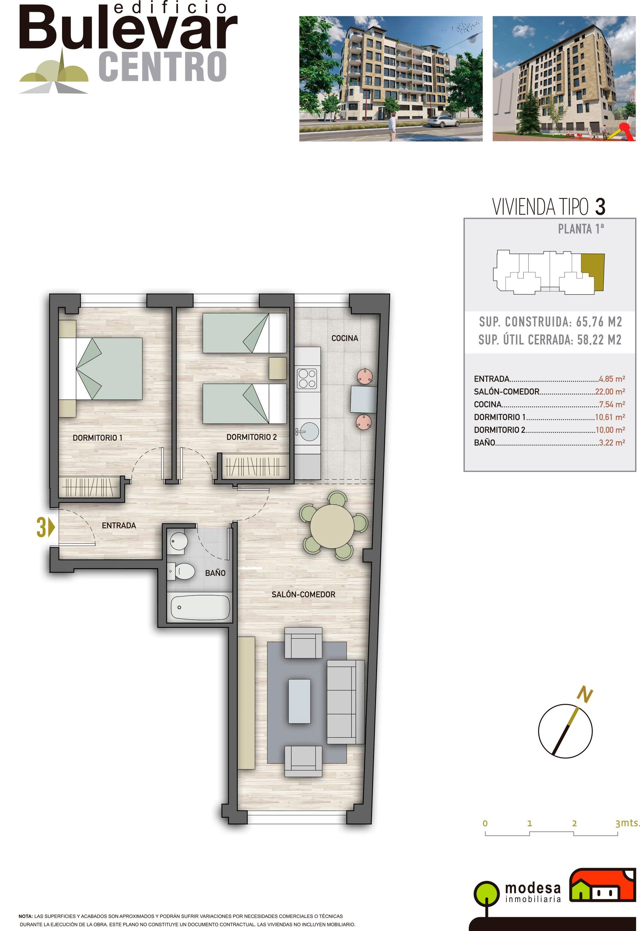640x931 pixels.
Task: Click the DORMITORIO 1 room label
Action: [97, 438]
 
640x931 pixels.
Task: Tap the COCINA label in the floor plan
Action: [344, 338]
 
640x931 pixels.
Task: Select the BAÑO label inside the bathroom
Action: [215, 573]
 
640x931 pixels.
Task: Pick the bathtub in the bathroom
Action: [200, 607]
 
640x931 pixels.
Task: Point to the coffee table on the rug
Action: [300, 701]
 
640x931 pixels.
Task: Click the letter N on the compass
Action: [585, 695]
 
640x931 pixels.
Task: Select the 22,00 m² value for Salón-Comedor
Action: [610, 392]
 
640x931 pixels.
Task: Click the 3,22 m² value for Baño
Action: [612, 443]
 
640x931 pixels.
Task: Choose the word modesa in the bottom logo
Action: [533, 888]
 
